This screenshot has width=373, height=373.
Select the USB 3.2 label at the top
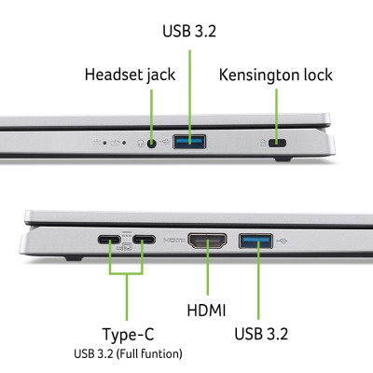pyautogui.click(x=190, y=32)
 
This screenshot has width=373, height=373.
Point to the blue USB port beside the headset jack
pyautogui.click(x=190, y=142)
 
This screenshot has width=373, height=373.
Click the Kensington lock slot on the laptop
pyautogui.click(x=277, y=145)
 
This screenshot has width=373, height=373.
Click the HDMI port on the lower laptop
pyautogui.click(x=207, y=242)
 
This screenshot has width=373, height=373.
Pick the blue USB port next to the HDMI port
pyautogui.click(x=256, y=242)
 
